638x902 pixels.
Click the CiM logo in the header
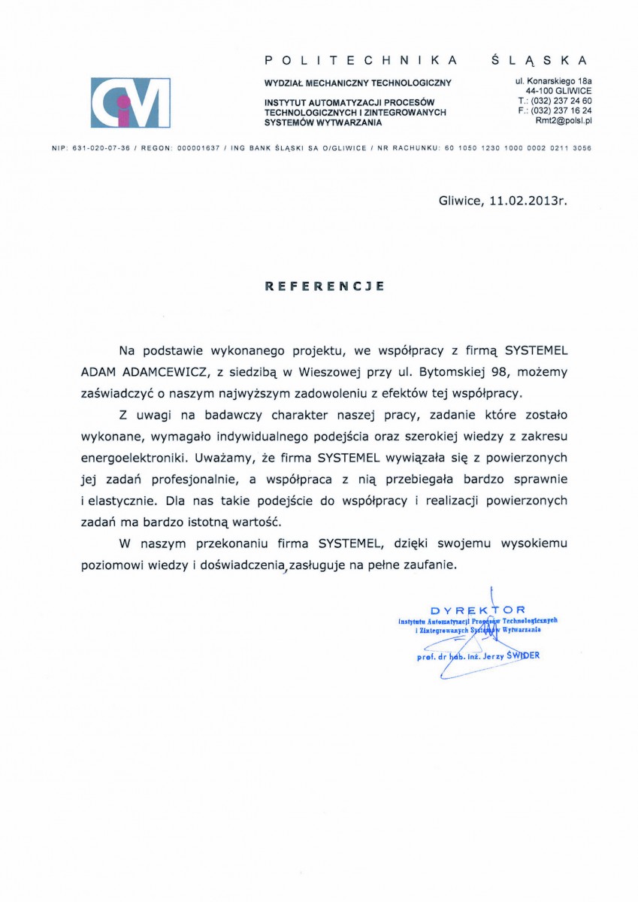coord(130,103)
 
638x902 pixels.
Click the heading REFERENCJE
coord(325,286)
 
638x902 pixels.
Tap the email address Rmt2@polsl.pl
coord(564,120)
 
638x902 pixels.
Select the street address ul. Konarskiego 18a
coord(553,80)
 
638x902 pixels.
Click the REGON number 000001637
coord(198,149)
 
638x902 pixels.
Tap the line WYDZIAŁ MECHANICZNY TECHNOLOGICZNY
coord(358,83)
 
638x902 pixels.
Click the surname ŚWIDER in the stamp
coord(523,655)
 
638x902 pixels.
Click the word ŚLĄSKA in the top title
coord(537,59)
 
